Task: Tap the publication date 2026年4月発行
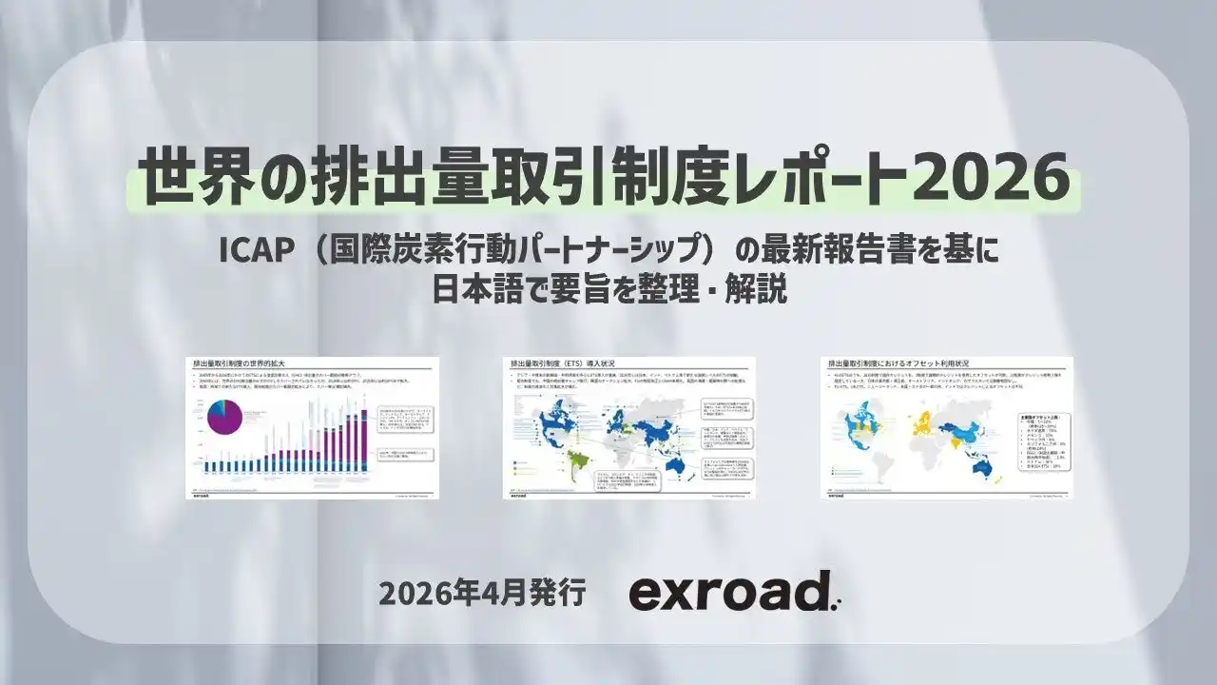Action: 481,592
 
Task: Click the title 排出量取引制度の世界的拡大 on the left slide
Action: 239,363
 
